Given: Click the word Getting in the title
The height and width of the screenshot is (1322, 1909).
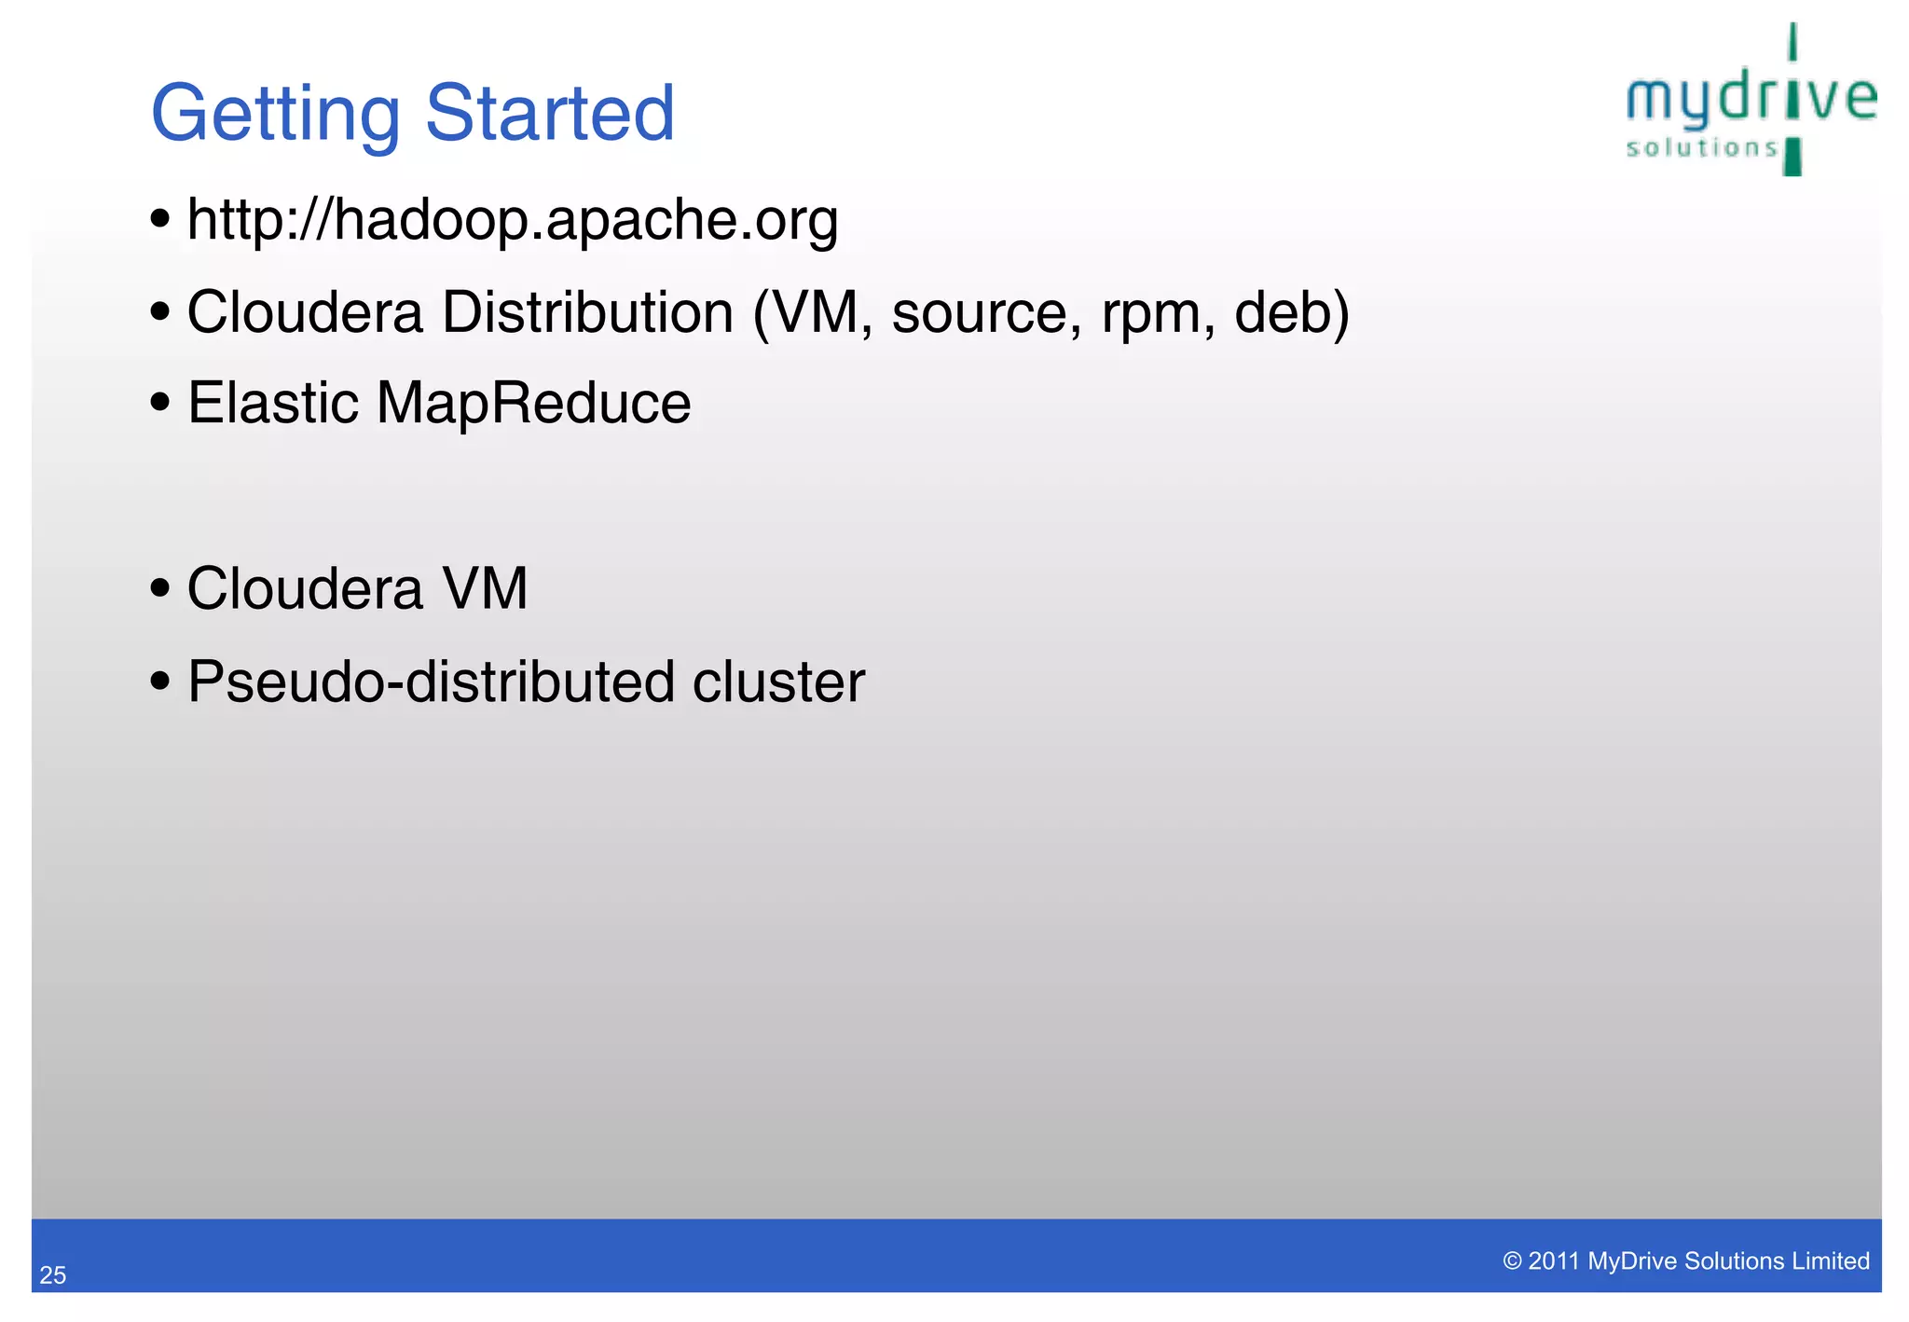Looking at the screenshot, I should pyautogui.click(x=275, y=115).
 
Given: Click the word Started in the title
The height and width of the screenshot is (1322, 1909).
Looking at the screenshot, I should pyautogui.click(x=550, y=113).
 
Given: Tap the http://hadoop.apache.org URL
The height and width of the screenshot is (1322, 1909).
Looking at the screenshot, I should pyautogui.click(x=513, y=220).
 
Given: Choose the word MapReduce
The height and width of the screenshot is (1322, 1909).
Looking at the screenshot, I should pyautogui.click(x=533, y=404).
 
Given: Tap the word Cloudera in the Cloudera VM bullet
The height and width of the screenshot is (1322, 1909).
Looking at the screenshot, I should pyautogui.click(x=305, y=589).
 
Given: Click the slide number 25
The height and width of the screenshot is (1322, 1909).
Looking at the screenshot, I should pyautogui.click(x=53, y=1275).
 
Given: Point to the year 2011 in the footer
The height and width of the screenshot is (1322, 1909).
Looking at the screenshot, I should pyautogui.click(x=1553, y=1261).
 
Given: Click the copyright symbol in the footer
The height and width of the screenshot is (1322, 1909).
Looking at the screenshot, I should pyautogui.click(x=1512, y=1261).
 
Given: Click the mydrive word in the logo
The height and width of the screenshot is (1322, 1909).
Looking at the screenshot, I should pyautogui.click(x=1751, y=100).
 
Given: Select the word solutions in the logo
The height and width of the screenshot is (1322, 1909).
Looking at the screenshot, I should pyautogui.click(x=1702, y=148).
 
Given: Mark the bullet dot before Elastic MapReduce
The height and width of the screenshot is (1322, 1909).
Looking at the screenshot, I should pyautogui.click(x=160, y=403).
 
